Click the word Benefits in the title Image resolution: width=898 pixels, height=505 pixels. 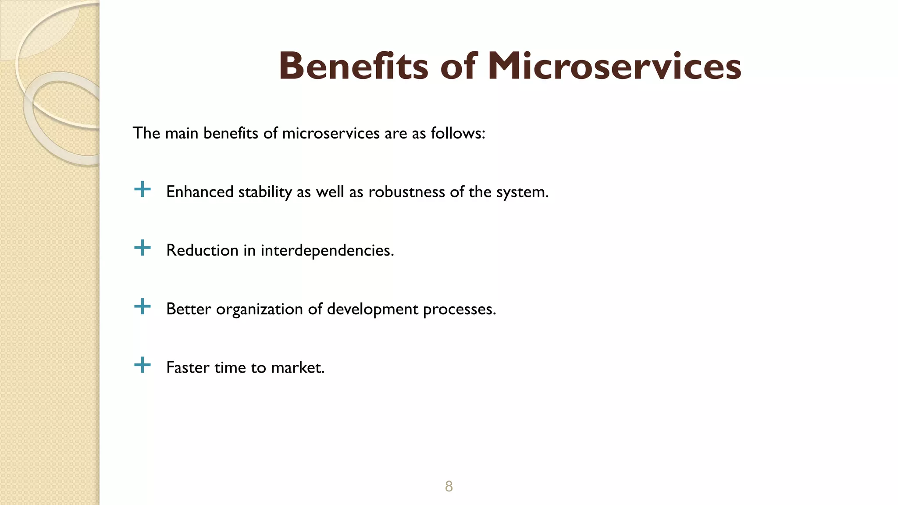pyautogui.click(x=353, y=66)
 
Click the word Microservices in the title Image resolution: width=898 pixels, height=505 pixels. pyautogui.click(x=614, y=66)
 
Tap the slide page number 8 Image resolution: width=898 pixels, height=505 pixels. pyautogui.click(x=449, y=486)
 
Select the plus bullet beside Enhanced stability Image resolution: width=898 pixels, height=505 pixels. pyautogui.click(x=142, y=190)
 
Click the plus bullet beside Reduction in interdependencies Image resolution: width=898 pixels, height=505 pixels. pyautogui.click(x=142, y=248)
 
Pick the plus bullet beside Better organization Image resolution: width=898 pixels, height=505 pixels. pyautogui.click(x=142, y=307)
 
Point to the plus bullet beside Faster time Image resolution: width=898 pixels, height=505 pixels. pyautogui.click(x=142, y=365)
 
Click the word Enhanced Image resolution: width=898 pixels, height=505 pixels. pyautogui.click(x=200, y=192)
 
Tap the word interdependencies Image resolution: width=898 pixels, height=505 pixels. pyautogui.click(x=327, y=251)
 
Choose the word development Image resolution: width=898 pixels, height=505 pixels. pyautogui.click(x=372, y=309)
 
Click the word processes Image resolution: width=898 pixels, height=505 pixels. pyautogui.click(x=459, y=309)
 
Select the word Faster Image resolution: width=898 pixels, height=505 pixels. pyautogui.click(x=188, y=368)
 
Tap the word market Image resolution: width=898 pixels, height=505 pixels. pyautogui.click(x=297, y=368)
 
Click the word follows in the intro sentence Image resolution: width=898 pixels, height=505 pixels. pyautogui.click(x=457, y=133)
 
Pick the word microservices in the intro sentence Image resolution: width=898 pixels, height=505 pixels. pyautogui.click(x=331, y=133)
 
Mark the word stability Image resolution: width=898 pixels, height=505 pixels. pyautogui.click(x=265, y=192)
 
